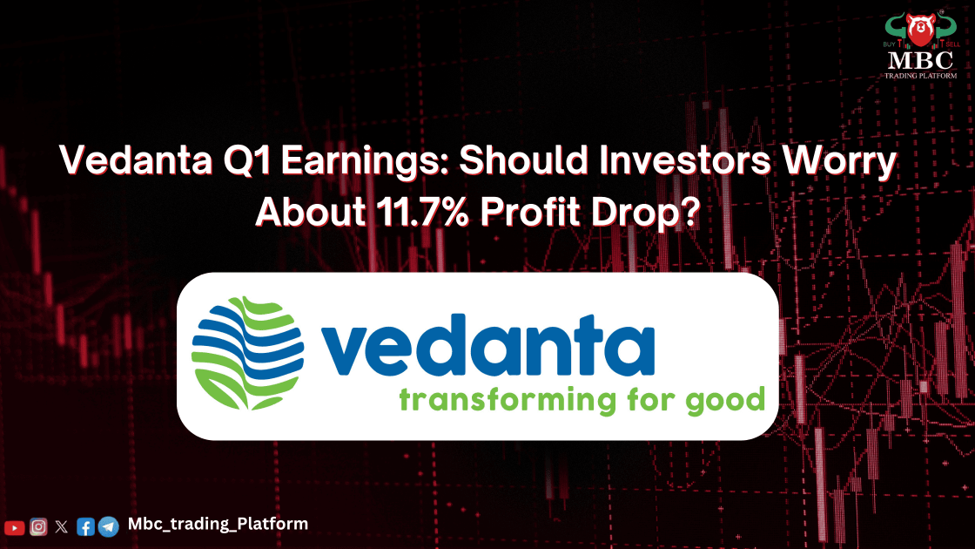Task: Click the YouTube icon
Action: click(x=14, y=528)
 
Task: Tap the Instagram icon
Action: click(x=38, y=527)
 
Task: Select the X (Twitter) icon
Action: click(x=62, y=527)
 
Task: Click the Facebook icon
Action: click(x=86, y=527)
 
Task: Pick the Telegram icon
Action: click(x=109, y=526)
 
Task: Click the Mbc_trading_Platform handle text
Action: click(x=218, y=525)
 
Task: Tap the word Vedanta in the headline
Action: click(x=136, y=160)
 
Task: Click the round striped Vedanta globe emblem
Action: click(x=247, y=353)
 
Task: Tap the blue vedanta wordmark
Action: click(x=487, y=345)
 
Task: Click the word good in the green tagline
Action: click(x=725, y=400)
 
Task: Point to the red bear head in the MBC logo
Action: click(x=921, y=29)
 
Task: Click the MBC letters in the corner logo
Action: click(x=921, y=61)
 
